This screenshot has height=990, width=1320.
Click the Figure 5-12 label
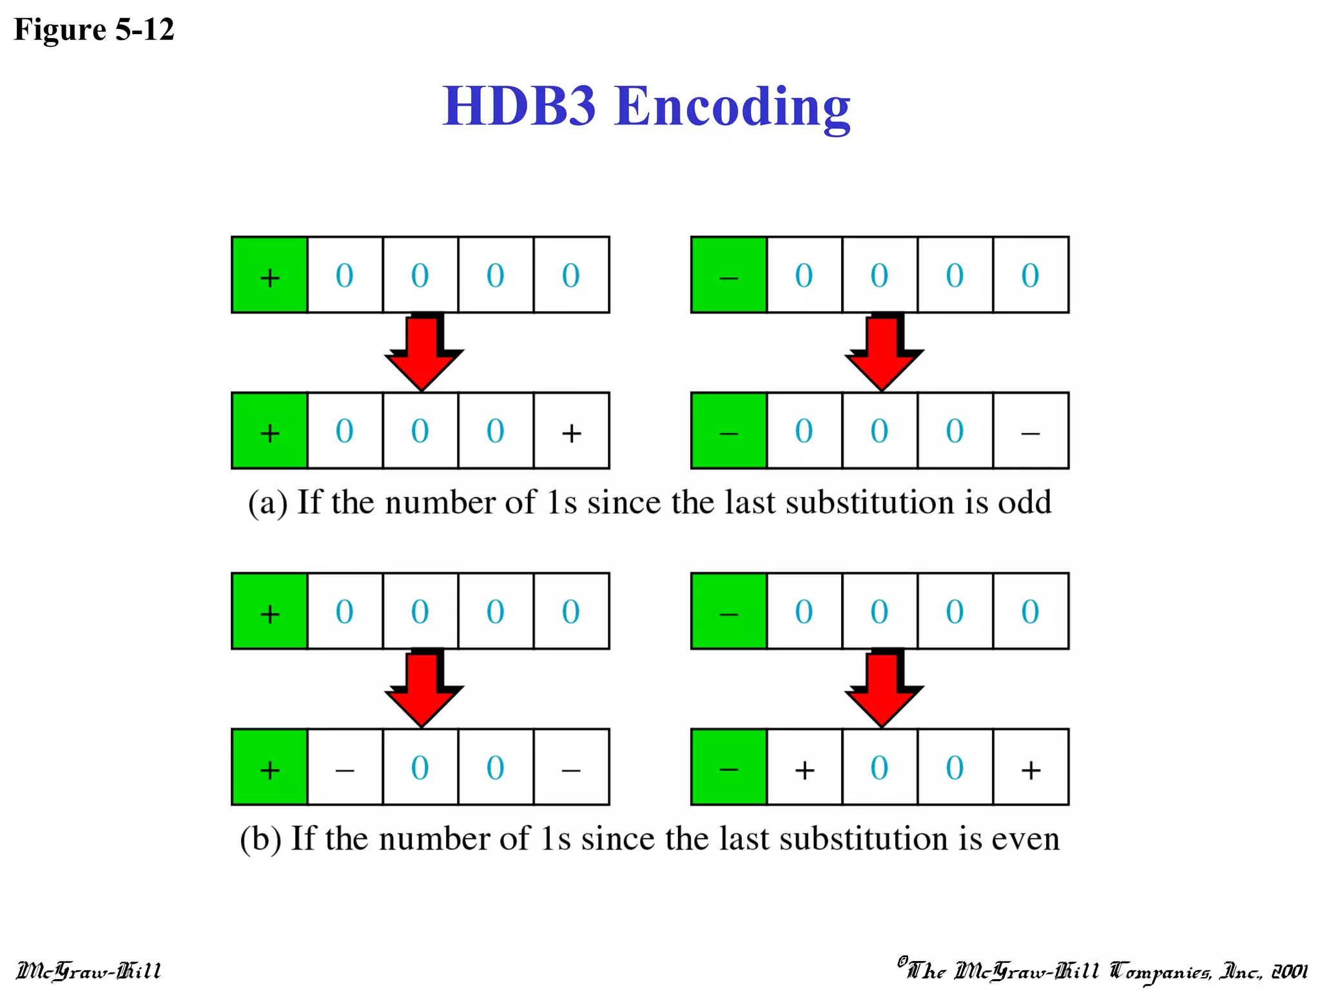pos(94,30)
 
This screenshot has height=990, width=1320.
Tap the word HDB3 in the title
pos(519,106)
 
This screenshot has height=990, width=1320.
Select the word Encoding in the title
pos(732,107)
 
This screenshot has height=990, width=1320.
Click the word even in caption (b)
pos(1025,839)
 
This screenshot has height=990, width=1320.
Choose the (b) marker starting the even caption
pos(260,839)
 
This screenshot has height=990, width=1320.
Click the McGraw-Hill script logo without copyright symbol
pos(89,971)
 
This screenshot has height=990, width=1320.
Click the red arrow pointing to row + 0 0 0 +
pos(423,352)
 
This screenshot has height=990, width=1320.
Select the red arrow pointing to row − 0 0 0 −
pos(884,352)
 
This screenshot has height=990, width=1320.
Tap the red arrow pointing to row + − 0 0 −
pos(423,688)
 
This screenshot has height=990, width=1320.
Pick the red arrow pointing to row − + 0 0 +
pos(884,688)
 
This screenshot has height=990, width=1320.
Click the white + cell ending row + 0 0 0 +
pos(571,431)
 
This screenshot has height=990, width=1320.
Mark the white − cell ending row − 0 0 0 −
pos(1031,431)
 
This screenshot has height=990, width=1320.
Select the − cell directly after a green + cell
pos(345,768)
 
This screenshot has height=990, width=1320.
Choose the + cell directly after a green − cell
pos(804,768)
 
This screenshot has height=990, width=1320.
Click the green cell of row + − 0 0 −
pos(269,768)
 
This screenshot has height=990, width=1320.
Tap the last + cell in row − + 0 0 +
pos(1031,768)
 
